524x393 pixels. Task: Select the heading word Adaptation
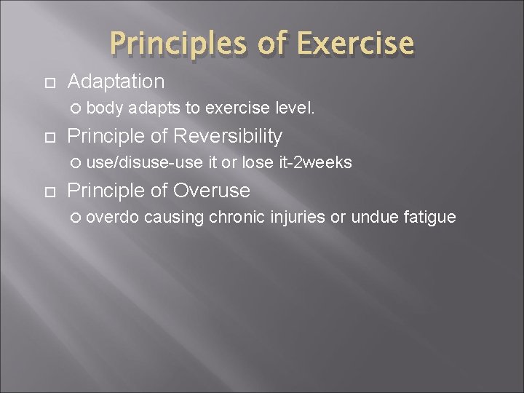(116, 81)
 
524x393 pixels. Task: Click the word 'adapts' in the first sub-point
(156, 108)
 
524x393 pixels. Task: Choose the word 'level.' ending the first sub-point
(295, 108)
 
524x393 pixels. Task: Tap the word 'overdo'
(117, 218)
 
